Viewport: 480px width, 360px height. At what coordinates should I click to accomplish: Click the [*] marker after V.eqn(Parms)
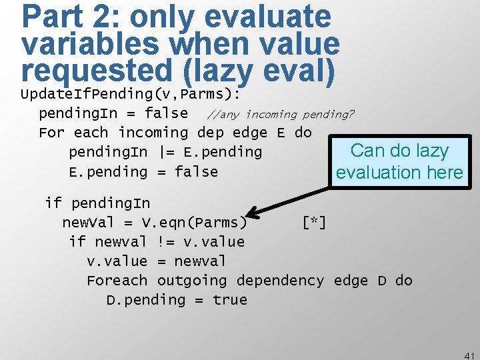313,222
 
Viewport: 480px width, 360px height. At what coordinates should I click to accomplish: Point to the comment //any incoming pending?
281,114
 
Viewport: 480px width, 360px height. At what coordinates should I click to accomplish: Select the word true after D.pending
230,300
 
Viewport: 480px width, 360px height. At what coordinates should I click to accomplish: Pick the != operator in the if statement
167,241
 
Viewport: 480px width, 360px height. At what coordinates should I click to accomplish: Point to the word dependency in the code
281,281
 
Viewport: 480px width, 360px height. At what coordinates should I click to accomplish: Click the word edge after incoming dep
252,133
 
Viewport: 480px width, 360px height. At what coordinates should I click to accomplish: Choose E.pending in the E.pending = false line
108,172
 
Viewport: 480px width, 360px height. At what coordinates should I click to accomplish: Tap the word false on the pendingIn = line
166,113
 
